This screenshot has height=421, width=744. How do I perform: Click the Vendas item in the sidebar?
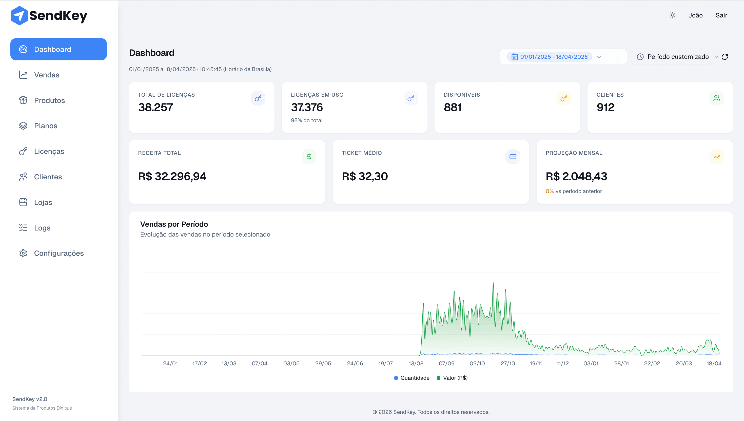coord(46,75)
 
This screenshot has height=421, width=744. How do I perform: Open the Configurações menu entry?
coord(58,253)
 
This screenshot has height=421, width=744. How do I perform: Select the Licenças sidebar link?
coord(49,151)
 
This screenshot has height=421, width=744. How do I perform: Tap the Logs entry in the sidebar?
coord(42,228)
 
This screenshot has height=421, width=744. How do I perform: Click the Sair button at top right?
coord(721,15)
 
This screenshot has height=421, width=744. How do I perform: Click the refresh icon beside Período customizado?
coord(725,57)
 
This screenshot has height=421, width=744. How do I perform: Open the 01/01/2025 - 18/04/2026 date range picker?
coord(553,57)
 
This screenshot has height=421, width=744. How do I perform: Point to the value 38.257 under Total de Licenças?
coord(155,107)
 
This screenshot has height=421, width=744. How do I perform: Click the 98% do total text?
coord(306,120)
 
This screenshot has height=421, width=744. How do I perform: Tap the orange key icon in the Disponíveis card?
coord(563,98)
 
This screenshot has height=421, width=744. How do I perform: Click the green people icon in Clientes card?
coord(716,98)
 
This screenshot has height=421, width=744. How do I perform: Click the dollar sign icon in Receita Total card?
coord(309,157)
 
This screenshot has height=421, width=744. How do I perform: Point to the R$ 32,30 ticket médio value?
coord(365,176)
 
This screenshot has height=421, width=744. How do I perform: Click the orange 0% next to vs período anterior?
coord(549,191)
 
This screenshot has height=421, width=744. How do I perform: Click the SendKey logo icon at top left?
coord(19,16)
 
